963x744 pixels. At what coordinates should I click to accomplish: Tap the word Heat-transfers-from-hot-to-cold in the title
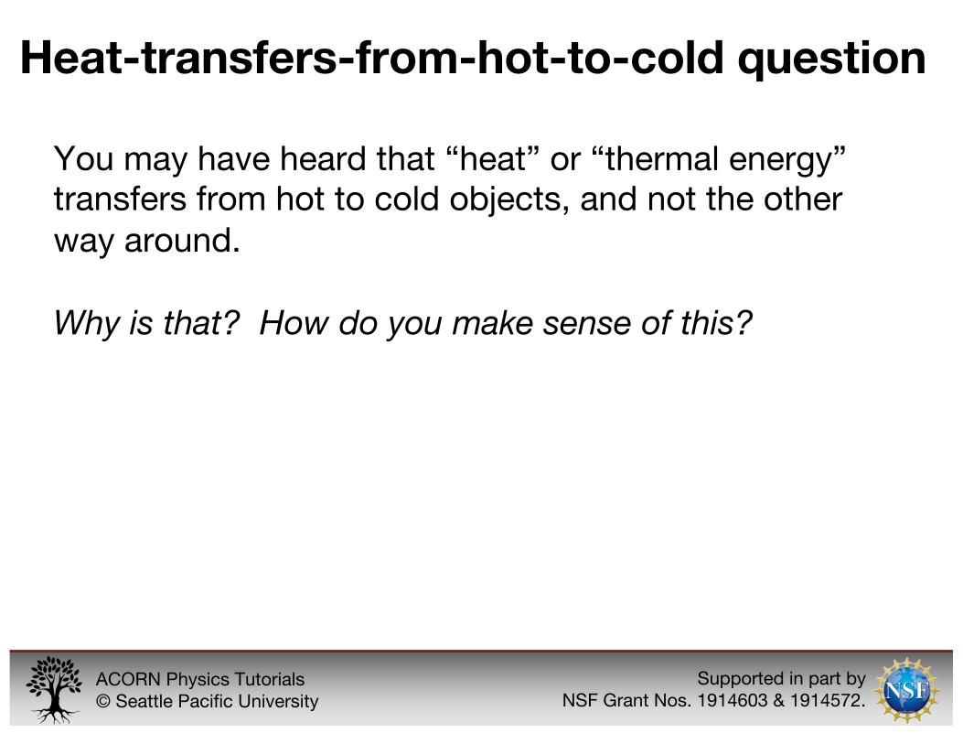coord(372,58)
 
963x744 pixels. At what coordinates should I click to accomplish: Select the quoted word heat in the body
coord(493,158)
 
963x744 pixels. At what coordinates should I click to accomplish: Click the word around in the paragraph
coord(182,240)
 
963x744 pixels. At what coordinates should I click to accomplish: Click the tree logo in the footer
coord(53,689)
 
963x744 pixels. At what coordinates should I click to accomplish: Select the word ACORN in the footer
coord(128,680)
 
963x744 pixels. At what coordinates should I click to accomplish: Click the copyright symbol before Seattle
coord(102,701)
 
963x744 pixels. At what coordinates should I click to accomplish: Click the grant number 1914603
coord(733,700)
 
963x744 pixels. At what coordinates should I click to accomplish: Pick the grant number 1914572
coord(825,700)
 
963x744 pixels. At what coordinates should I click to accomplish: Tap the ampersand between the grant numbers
coord(779,700)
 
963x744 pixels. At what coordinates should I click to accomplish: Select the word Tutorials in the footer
coord(270,680)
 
